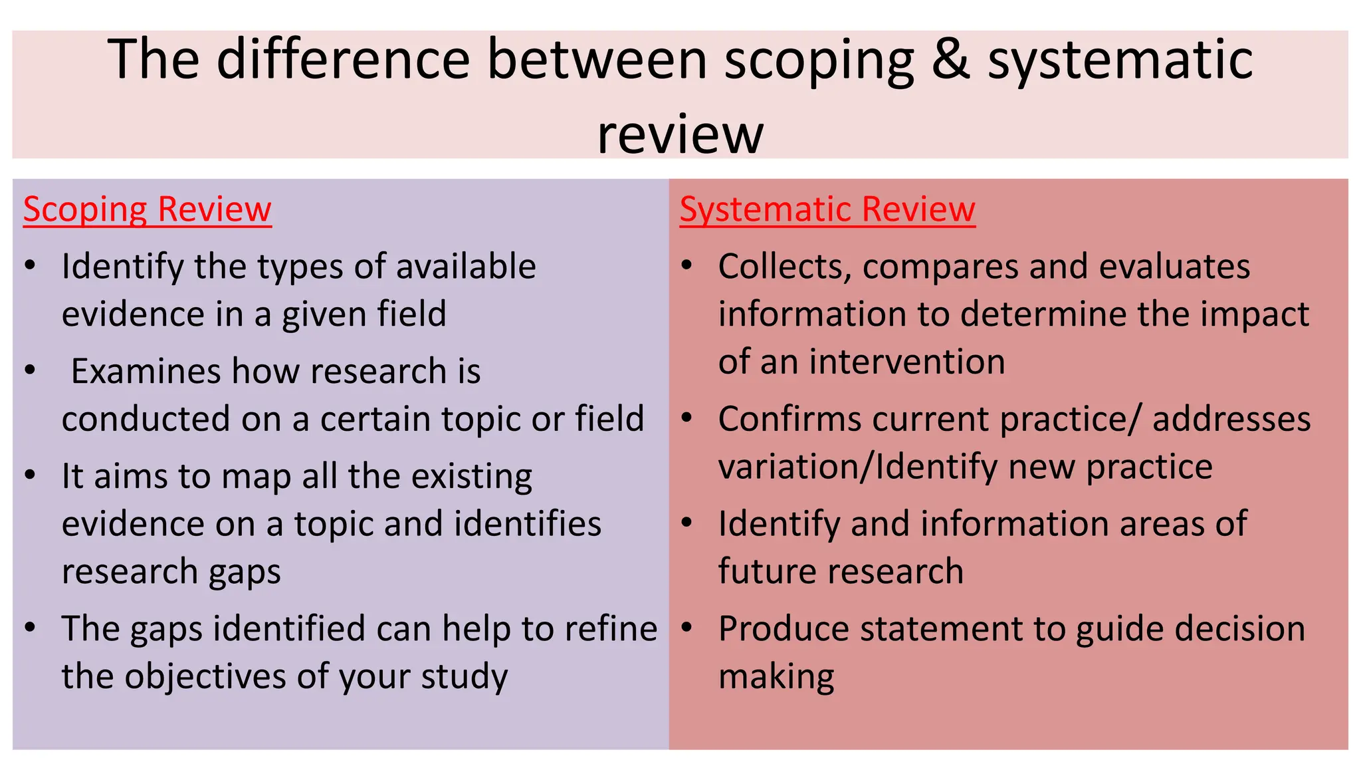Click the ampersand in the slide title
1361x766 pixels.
[x=950, y=60]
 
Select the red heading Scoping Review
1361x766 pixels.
[x=147, y=209]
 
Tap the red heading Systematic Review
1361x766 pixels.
[x=827, y=209]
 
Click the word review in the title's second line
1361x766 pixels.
[x=680, y=134]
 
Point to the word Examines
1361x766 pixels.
[x=146, y=371]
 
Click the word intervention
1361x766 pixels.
[x=906, y=362]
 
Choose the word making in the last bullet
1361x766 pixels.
[x=776, y=677]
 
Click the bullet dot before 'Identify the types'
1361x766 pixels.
[x=30, y=266]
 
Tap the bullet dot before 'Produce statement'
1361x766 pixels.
[x=687, y=628]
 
